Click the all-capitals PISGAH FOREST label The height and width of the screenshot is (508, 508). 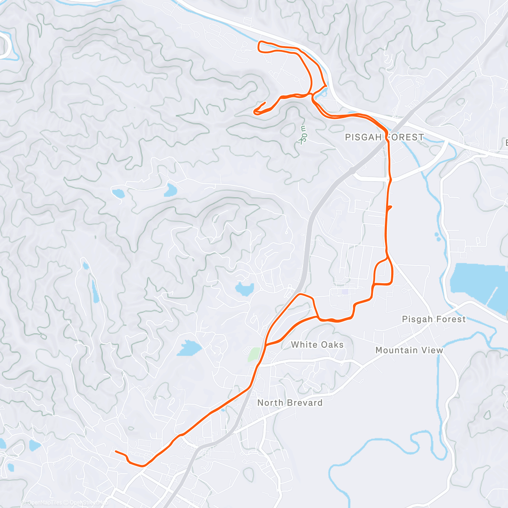pyautogui.click(x=384, y=137)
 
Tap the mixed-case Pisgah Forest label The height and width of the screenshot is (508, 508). pyautogui.click(x=433, y=319)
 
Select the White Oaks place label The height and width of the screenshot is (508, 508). pyautogui.click(x=317, y=345)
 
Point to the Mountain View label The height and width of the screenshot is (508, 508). pyautogui.click(x=409, y=350)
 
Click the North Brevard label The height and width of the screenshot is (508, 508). pyautogui.click(x=290, y=403)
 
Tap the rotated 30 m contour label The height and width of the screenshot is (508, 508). pyautogui.click(x=303, y=135)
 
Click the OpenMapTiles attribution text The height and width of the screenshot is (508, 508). pyautogui.click(x=42, y=502)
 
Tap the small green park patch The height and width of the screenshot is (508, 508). pyautogui.click(x=254, y=354)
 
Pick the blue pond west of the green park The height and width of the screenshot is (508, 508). pyautogui.click(x=189, y=348)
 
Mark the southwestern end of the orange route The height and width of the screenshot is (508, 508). pyautogui.click(x=116, y=451)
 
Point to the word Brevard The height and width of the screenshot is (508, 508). pyautogui.click(x=303, y=403)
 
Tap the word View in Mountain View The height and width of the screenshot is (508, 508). pyautogui.click(x=432, y=350)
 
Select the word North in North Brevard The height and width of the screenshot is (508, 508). pyautogui.click(x=269, y=403)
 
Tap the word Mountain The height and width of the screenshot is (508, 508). pyautogui.click(x=397, y=350)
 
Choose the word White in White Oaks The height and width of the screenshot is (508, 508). pyautogui.click(x=303, y=345)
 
